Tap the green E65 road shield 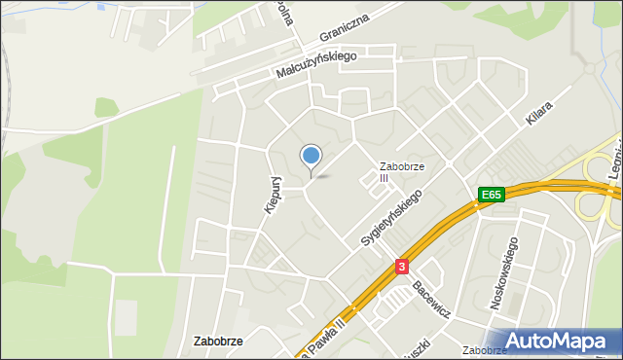point(490,196)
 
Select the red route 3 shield point(401,266)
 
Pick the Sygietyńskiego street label point(391,217)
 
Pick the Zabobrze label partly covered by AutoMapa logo point(483,350)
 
